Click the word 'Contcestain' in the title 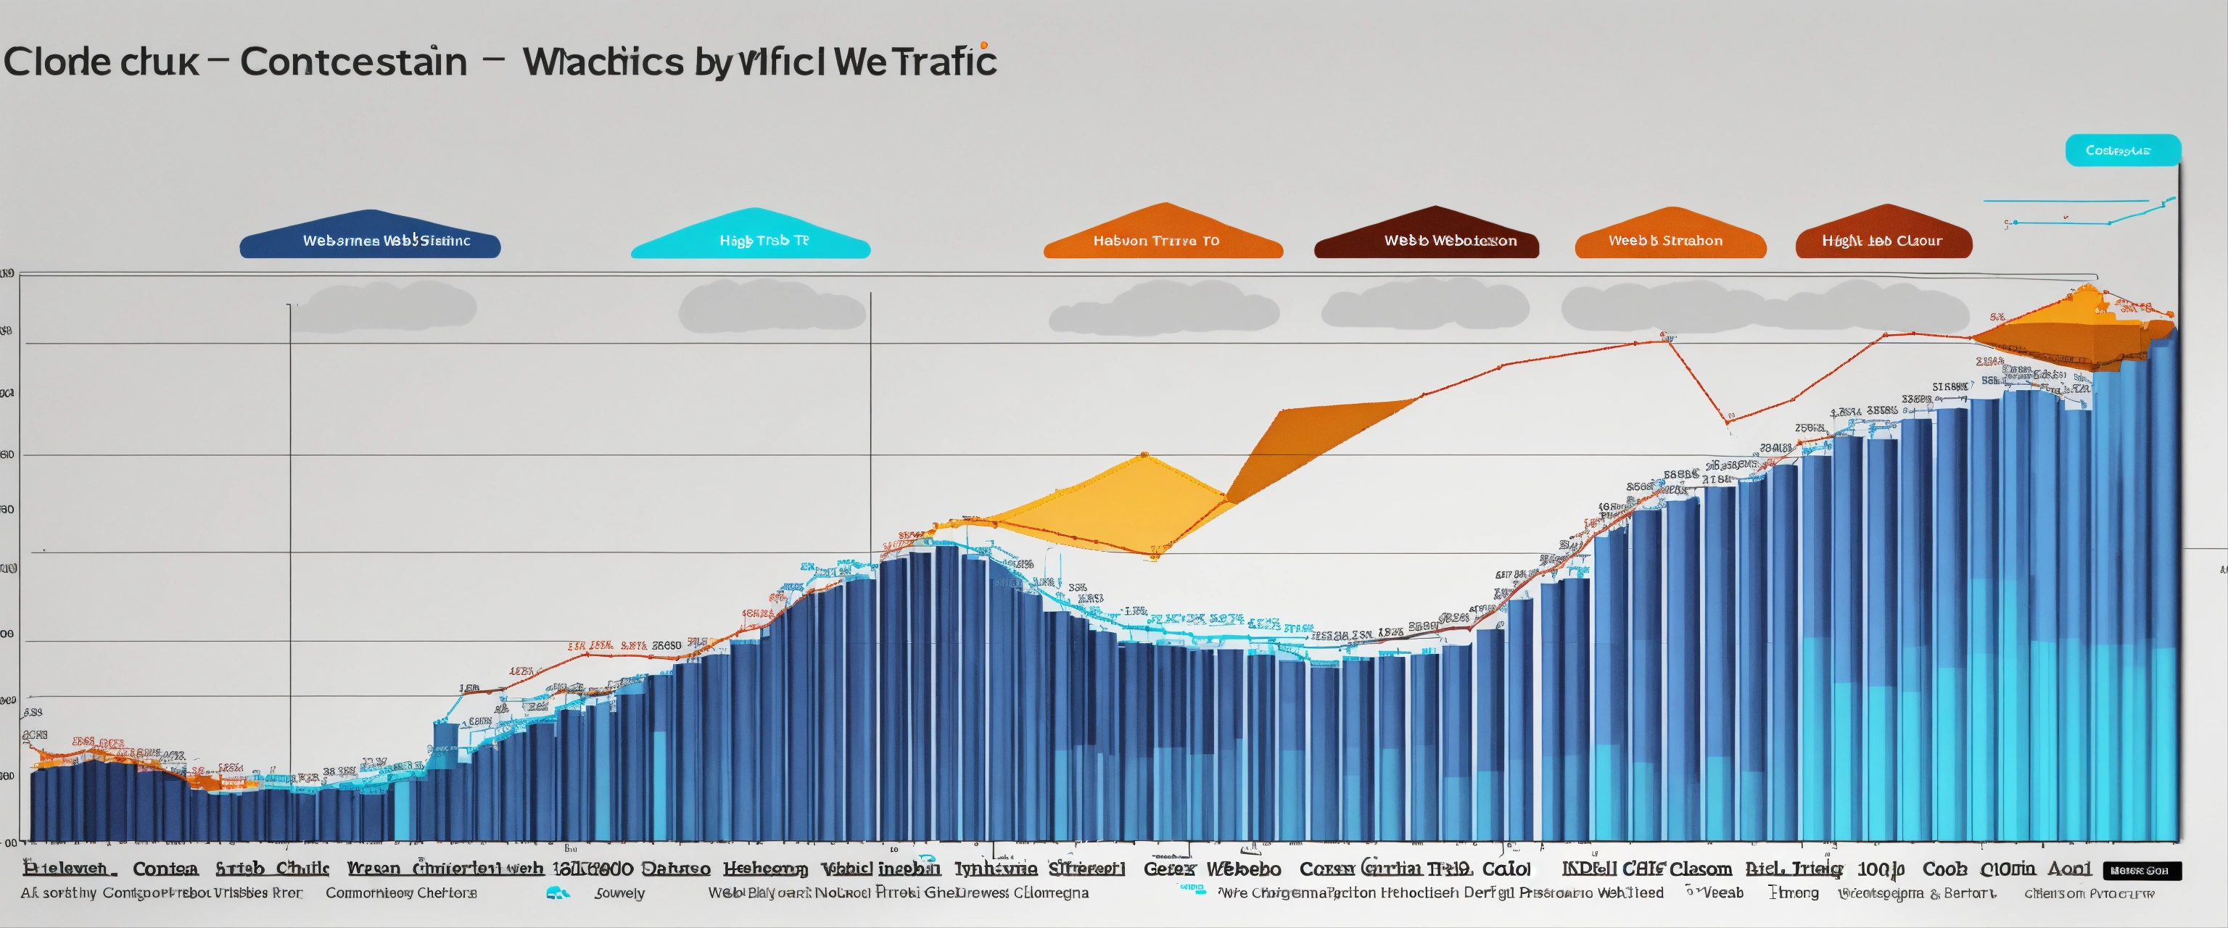pos(353,62)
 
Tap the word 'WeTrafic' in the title pos(917,62)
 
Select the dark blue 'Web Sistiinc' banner pos(370,239)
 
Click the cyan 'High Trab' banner pos(751,239)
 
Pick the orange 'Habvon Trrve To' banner pos(1163,239)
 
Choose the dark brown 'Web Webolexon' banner pos(1427,239)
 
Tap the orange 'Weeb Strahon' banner pos(1670,239)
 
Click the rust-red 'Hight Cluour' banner pos(1883,239)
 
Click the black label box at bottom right pos(2141,870)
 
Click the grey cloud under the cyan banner pos(772,308)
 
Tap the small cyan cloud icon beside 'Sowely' pos(558,892)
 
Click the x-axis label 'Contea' pos(165,869)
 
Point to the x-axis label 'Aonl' pos(2069,869)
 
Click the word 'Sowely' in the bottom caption pos(619,892)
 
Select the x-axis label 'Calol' pos(1506,869)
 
